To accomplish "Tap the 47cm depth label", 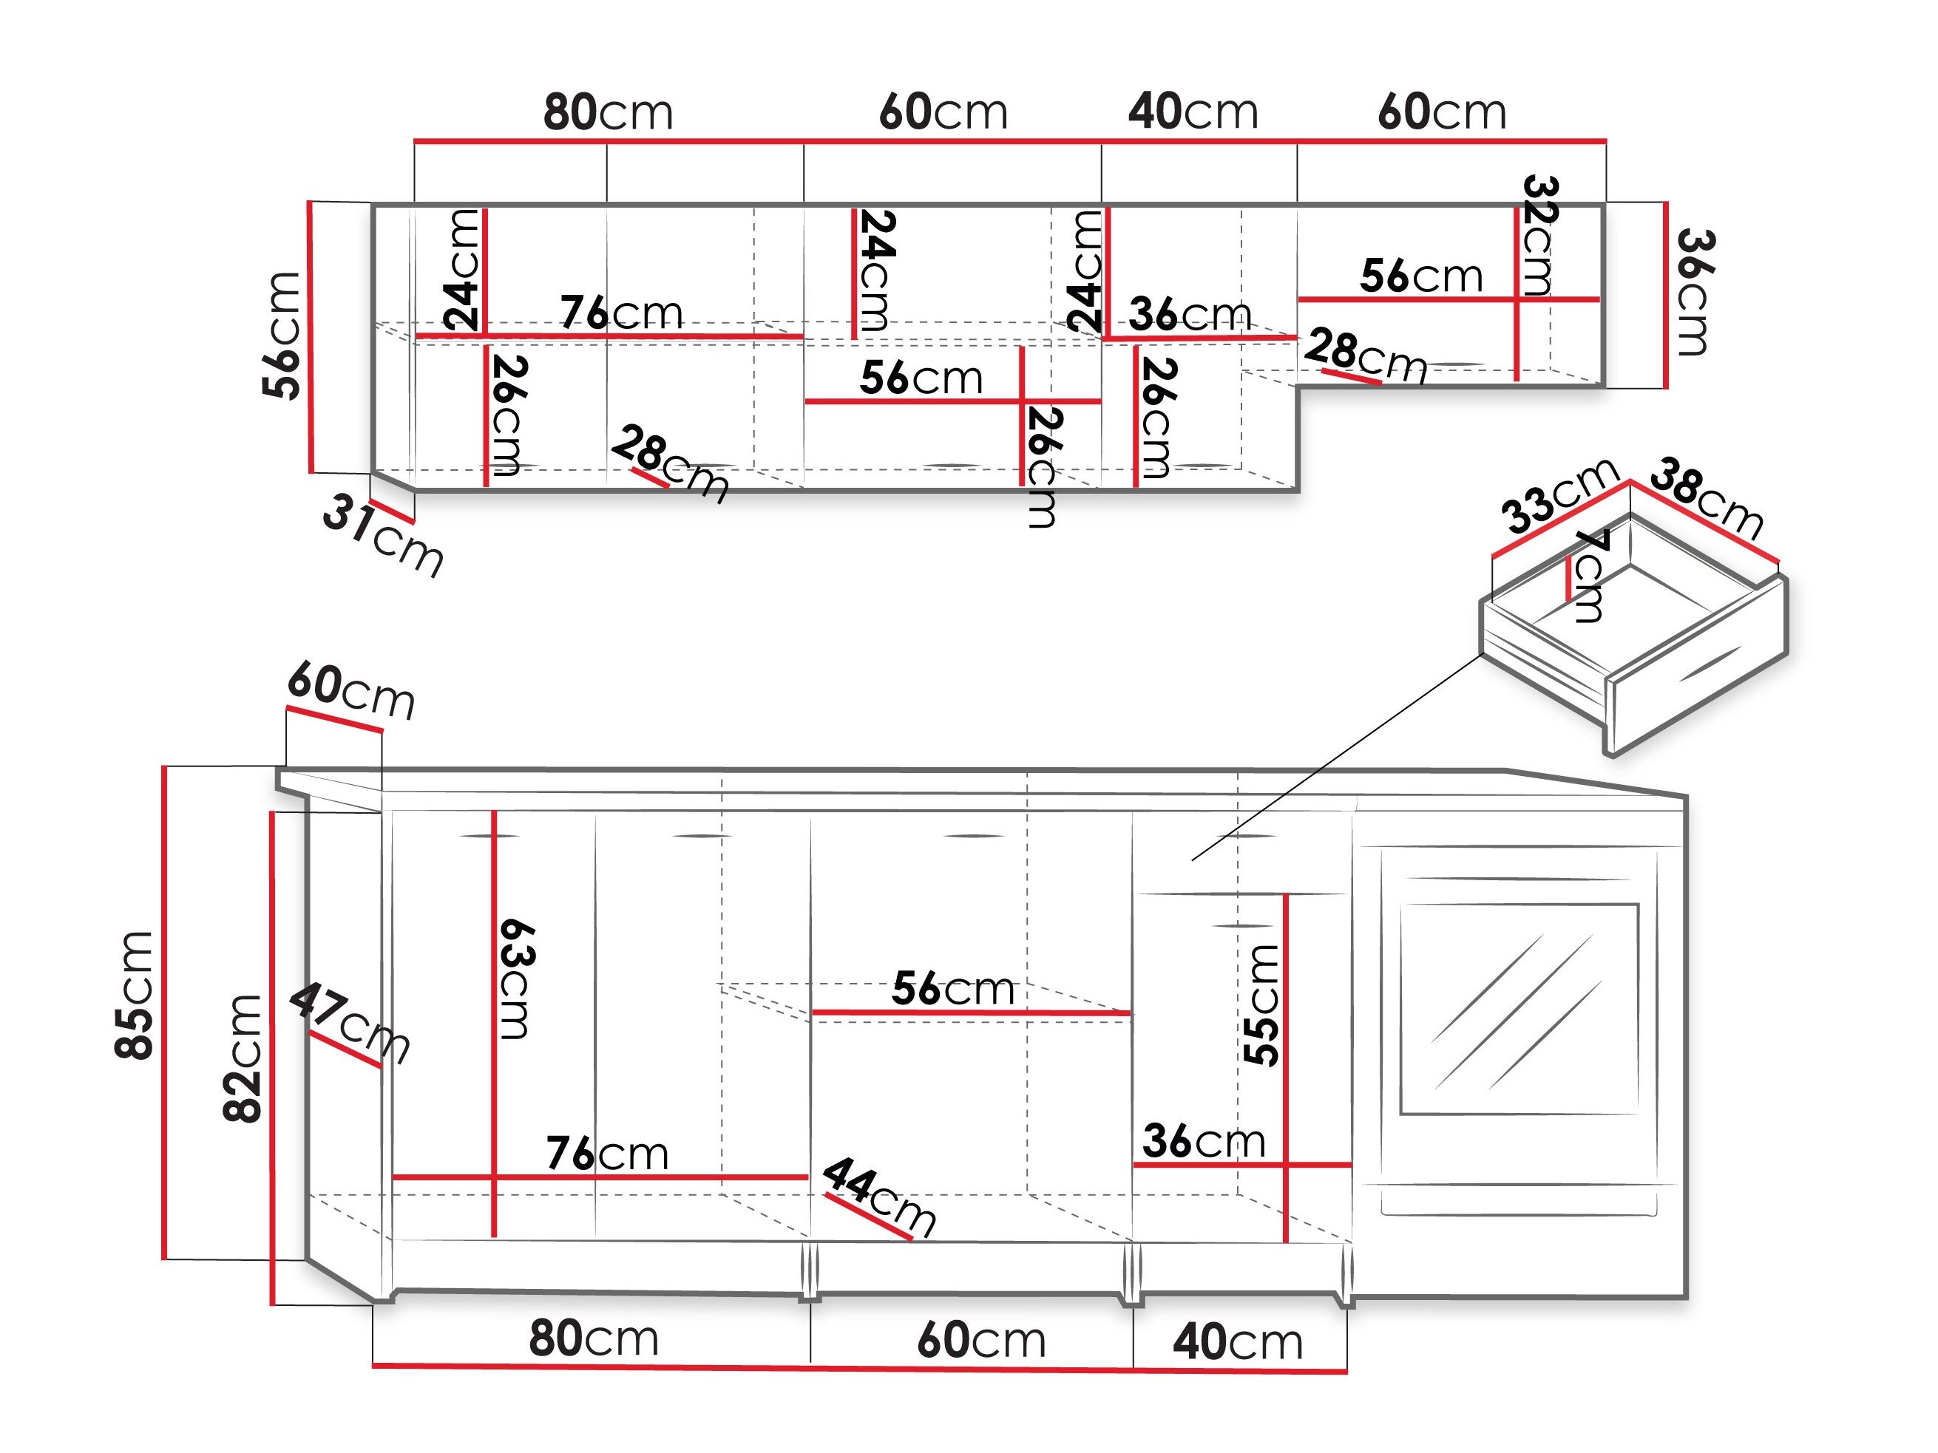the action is [350, 1022].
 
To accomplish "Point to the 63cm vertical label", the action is [515, 979].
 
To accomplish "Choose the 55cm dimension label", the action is [1261, 1004].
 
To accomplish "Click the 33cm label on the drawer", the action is [1559, 495].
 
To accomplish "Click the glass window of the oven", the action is [1518, 1009].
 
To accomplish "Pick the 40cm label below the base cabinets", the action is [1238, 1341].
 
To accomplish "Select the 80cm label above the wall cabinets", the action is [608, 112].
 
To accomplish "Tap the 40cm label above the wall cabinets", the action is [1193, 112].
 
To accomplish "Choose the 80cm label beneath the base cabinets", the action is [593, 1338].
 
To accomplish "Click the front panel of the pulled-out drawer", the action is [1697, 666].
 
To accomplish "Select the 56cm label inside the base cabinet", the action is [953, 988].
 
